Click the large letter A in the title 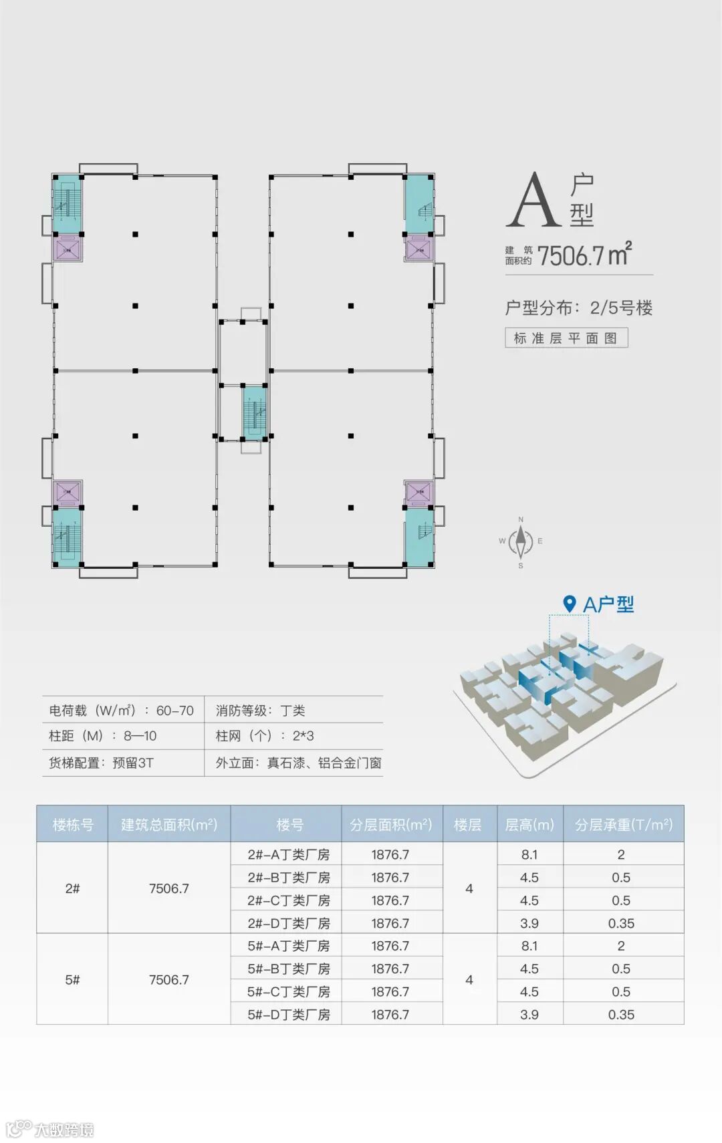tap(533, 200)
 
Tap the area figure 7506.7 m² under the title tap(584, 255)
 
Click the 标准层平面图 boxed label tap(566, 338)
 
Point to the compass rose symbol tap(521, 542)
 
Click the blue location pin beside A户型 tap(569, 604)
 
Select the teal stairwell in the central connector tap(254, 414)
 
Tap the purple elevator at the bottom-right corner tap(419, 493)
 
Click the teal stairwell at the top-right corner tap(419, 197)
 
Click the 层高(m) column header tap(529, 825)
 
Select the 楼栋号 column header tap(73, 825)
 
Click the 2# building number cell tap(72, 888)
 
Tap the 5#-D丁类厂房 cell tap(289, 1014)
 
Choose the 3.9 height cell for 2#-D tap(529, 923)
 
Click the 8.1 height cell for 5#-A tap(529, 946)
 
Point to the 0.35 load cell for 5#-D tap(621, 1014)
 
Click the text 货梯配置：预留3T tap(102, 763)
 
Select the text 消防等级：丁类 tap(260, 711)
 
